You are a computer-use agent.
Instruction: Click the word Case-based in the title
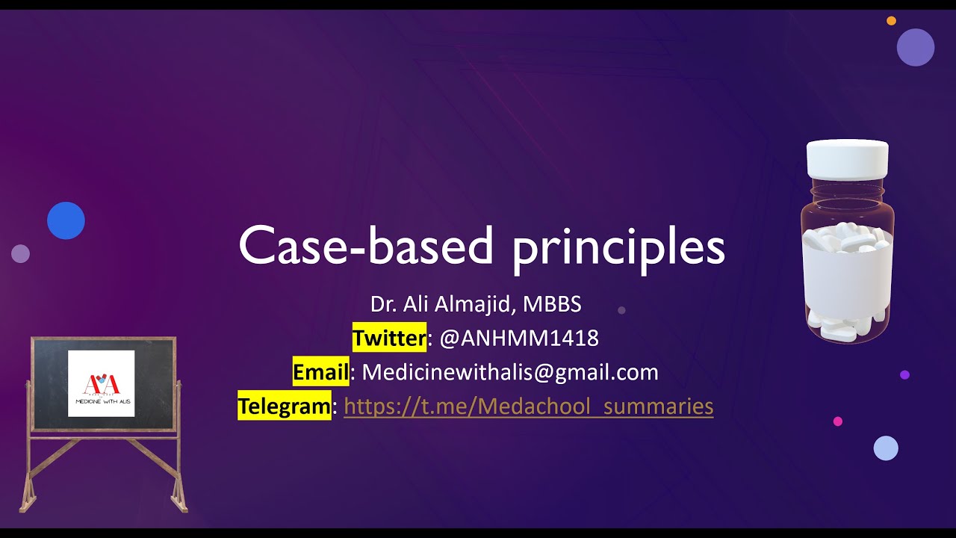tap(366, 246)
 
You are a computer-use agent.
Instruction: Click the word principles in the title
tap(618, 248)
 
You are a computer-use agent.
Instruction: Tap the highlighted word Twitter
tap(389, 338)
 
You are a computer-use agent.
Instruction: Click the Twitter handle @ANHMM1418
tap(519, 338)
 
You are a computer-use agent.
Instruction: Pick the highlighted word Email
tap(320, 372)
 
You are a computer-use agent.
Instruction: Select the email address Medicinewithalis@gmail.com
tap(510, 372)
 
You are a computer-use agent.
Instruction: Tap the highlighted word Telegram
tap(285, 406)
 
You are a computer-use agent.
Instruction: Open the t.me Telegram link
tap(528, 406)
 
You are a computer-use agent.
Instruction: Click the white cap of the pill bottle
tap(847, 158)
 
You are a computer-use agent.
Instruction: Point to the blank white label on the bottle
tap(847, 276)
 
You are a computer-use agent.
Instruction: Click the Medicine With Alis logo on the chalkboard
tap(102, 383)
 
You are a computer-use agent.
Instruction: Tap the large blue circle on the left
tap(66, 220)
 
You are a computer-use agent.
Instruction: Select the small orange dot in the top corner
tap(891, 21)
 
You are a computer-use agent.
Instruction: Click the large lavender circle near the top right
tap(916, 47)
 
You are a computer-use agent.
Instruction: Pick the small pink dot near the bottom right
tap(838, 421)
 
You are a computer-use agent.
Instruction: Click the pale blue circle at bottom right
tap(886, 448)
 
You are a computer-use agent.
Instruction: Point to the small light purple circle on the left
tap(20, 253)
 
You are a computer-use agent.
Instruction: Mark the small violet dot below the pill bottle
tap(904, 375)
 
